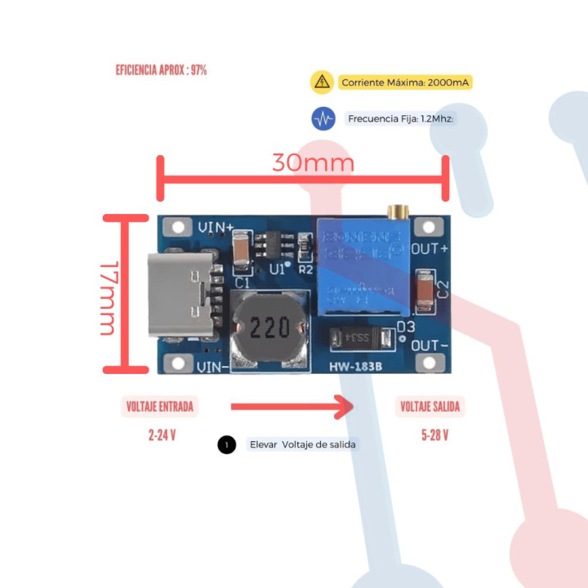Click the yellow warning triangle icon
coord(322,82)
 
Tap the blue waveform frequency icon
coord(323,118)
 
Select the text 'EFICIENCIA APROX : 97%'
coord(161,70)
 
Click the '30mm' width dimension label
coord(313,163)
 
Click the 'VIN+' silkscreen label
coord(216,226)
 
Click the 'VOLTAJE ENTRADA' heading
coord(161,407)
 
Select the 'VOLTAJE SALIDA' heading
coord(430,407)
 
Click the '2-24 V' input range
coord(163,435)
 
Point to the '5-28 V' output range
coord(434,435)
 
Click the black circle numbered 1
coord(227,445)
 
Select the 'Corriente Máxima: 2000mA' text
coord(406,82)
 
